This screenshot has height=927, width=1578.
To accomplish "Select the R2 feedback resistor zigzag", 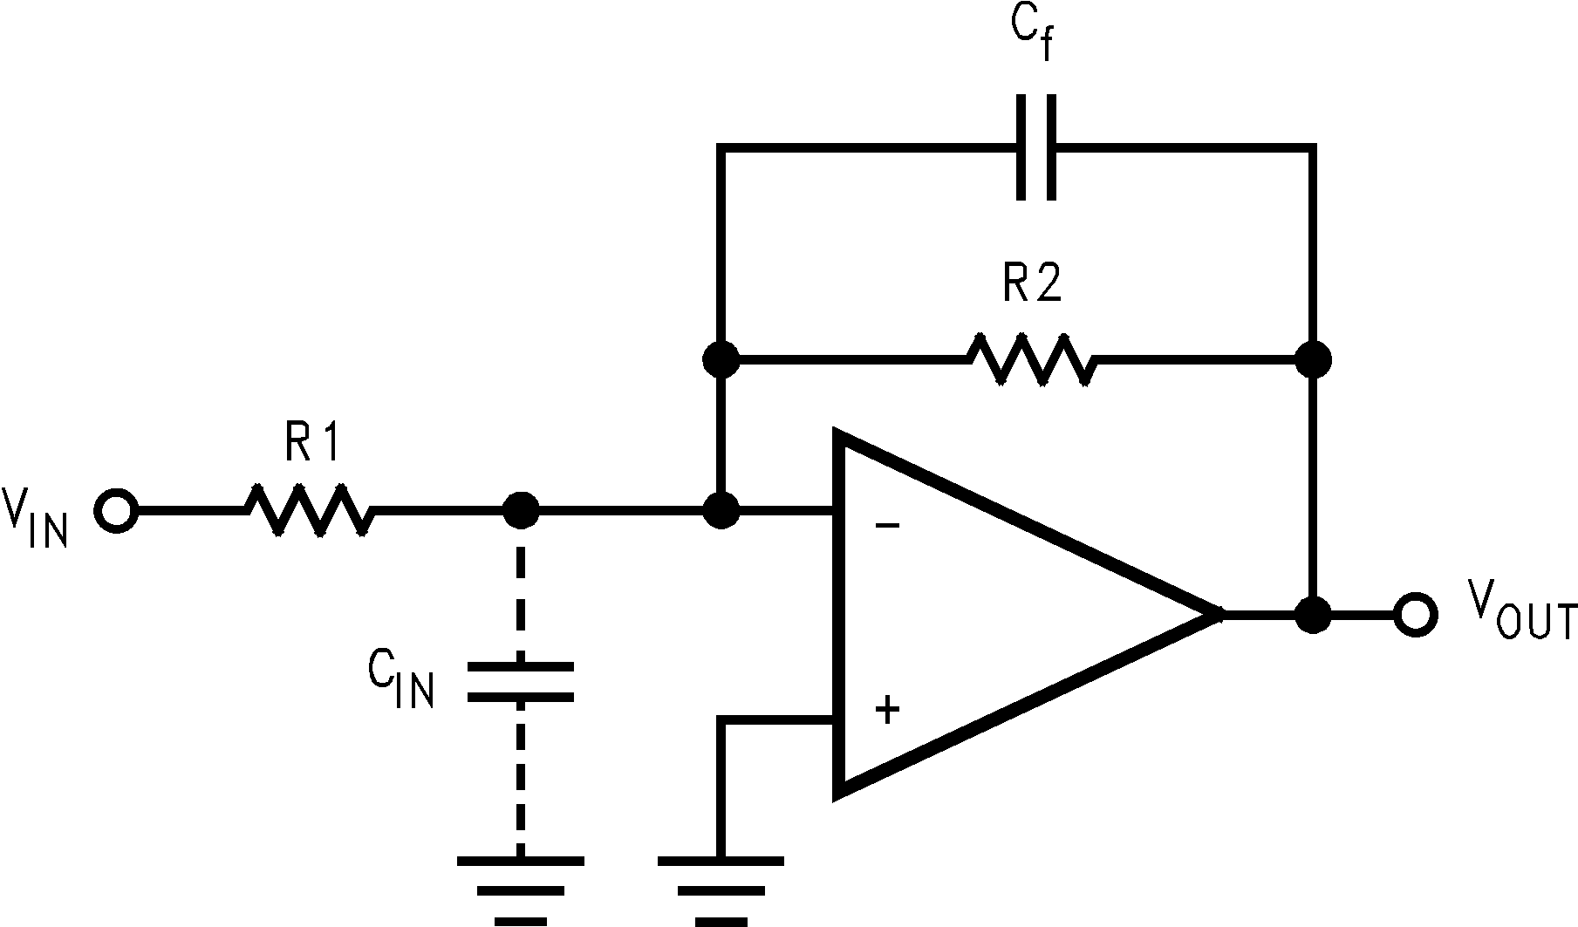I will pos(1029,358).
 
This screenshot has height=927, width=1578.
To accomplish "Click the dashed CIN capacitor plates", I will pos(521,682).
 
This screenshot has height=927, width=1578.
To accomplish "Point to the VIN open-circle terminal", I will pos(116,511).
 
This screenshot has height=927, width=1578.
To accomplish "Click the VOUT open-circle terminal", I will pos(1415,614).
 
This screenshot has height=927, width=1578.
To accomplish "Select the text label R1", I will pos(311,444).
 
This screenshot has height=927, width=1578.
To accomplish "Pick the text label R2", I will pos(1032,284).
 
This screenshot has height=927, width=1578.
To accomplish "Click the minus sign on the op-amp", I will pos(887,526).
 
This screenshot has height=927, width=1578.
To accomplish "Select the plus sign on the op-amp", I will pos(887,710).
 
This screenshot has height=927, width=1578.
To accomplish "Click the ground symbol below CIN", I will pos(521,890).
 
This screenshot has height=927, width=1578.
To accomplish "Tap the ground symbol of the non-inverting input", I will pos(721,890).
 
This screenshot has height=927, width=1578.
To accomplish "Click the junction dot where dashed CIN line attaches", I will pos(522,511).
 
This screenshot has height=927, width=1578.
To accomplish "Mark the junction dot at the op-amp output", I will pos(1312,614).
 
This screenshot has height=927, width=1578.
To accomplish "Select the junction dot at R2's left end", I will pos(721,358).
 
